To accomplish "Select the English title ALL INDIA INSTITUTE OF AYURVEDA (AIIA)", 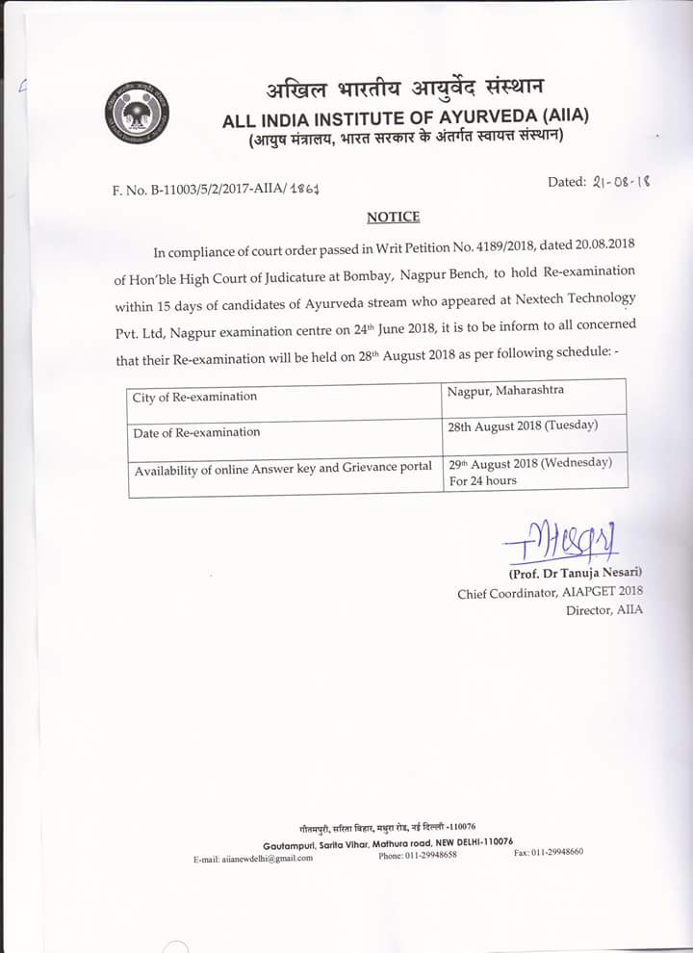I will point(405,119).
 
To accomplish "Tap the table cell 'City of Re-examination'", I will point(195,397).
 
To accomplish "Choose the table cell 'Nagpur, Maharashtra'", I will point(506,391).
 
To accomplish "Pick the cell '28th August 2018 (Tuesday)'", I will point(523,425).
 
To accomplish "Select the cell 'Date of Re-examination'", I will point(196,432).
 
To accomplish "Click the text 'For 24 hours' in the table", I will point(483,480).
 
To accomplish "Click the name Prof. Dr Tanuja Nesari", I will point(575,574).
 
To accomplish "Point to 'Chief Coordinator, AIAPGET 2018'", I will point(550,592).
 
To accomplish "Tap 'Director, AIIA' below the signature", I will point(604,610).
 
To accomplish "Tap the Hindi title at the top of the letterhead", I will point(405,85).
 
